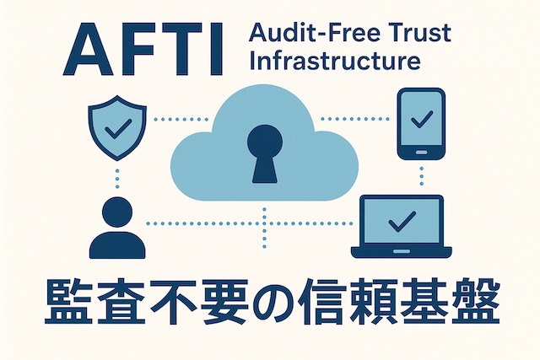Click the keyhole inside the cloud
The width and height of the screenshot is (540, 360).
(264, 152)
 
